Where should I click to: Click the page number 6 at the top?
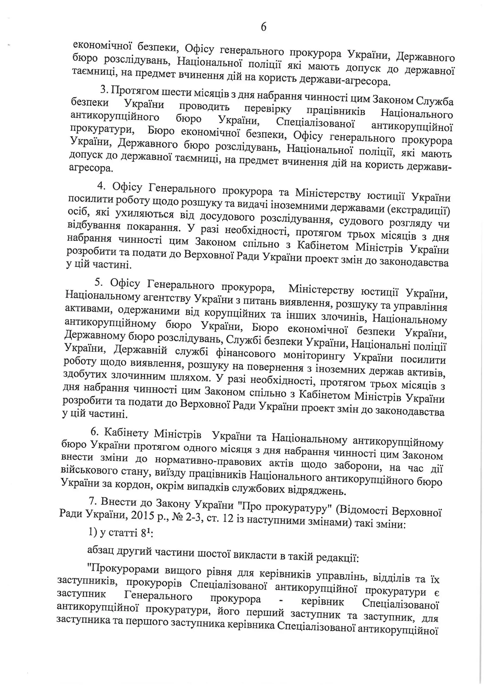pyautogui.click(x=263, y=27)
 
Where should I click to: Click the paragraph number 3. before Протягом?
pyautogui.click(x=103, y=89)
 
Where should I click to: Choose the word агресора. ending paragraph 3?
pyautogui.click(x=91, y=168)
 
